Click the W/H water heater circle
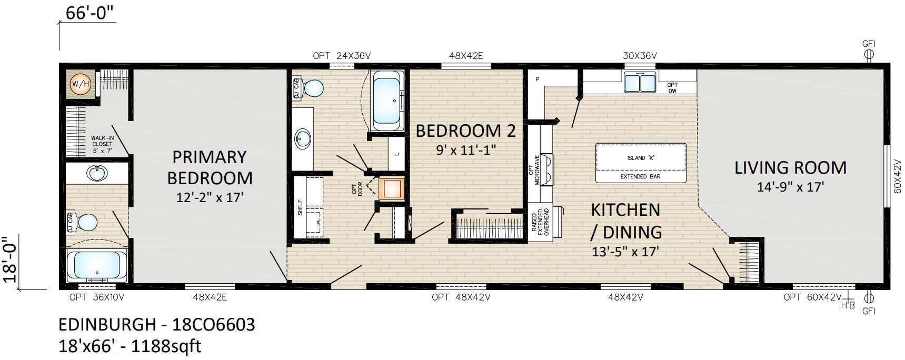[x=81, y=84]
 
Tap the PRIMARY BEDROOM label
[x=210, y=167]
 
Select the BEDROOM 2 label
[x=465, y=131]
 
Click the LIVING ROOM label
[x=790, y=168]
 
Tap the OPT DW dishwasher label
[x=672, y=88]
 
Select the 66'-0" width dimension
[x=89, y=13]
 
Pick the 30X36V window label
[x=640, y=56]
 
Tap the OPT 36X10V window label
[x=97, y=297]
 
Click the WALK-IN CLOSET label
[x=102, y=144]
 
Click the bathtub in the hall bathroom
[x=387, y=100]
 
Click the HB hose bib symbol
[x=848, y=305]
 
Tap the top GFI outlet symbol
[x=869, y=53]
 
